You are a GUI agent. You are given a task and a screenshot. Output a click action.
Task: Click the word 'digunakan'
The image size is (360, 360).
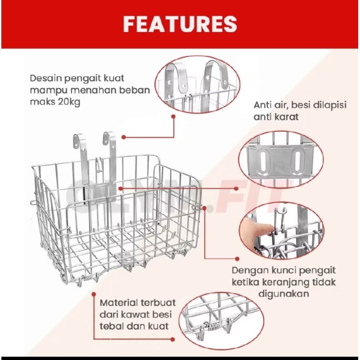[284, 294]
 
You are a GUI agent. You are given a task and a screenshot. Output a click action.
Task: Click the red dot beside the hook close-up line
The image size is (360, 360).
[174, 116]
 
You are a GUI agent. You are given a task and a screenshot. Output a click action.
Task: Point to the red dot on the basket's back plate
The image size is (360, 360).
[121, 188]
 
